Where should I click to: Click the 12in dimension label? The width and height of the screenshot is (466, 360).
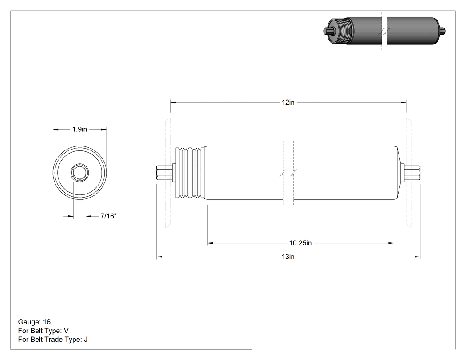pos(288,103)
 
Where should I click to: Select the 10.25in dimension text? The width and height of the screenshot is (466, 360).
pos(300,243)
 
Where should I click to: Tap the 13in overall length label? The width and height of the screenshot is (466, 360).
pos(288,257)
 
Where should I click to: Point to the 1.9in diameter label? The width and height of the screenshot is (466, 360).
pos(79,129)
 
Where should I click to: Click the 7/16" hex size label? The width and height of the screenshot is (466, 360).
pos(108,216)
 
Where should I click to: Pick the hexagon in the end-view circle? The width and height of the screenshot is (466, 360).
pos(79,172)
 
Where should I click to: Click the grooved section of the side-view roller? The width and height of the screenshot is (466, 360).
pos(190,172)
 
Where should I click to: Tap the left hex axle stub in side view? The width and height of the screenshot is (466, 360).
pos(164,173)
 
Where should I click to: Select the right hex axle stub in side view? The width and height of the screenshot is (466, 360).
pos(412,173)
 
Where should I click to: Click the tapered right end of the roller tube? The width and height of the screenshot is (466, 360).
pos(399,173)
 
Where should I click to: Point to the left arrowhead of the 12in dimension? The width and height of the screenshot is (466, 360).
pos(173,103)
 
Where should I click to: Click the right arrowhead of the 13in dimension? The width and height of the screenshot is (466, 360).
pos(417,257)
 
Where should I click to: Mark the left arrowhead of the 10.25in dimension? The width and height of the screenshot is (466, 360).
pos(210,243)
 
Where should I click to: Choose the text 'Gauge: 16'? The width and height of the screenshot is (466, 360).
pos(34,322)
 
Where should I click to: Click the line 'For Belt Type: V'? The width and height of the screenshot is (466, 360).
pos(43,331)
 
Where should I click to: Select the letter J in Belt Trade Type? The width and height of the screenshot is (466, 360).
pos(86,339)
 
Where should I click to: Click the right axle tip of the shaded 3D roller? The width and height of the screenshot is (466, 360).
pos(442,30)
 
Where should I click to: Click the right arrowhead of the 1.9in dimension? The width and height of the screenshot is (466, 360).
pos(104,129)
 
